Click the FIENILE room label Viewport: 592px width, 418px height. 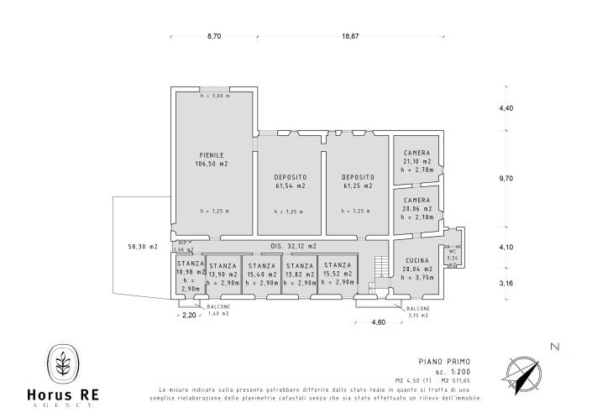pos(212,155)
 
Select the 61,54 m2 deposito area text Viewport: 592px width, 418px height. pos(290,185)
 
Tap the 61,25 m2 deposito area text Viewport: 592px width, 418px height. pos(358,185)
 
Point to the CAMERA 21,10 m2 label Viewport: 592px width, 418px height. pos(416,154)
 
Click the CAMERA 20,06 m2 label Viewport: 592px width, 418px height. pos(416,201)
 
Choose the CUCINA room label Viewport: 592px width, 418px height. pos(416,261)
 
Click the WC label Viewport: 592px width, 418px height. pos(452,251)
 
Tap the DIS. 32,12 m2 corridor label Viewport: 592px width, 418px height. pos(293,246)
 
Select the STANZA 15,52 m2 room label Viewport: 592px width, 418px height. pos(338,265)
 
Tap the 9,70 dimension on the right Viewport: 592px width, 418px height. pos(506,179)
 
